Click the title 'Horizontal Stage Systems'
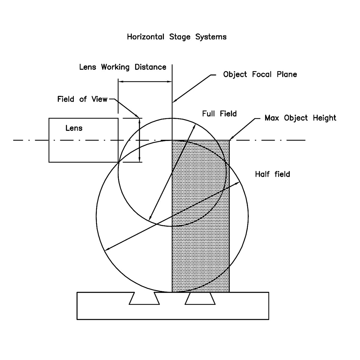coord(177,37)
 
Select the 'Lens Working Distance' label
coord(123,67)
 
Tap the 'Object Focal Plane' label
coord(260,74)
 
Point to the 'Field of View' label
coord(82,99)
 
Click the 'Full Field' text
coord(219,114)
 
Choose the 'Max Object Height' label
coord(300,118)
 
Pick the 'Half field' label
coord(272,174)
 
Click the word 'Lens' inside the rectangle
coord(74,128)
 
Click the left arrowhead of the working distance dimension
coord(120,81)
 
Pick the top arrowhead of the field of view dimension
coord(139,120)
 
